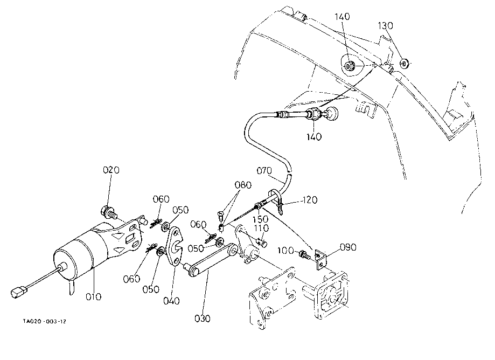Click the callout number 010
coord(93,296)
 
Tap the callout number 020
coord(111,170)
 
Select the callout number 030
coord(203,319)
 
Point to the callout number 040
coord(171,301)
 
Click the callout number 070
coord(264,171)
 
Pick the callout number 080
coord(243,185)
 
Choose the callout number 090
coord(348,247)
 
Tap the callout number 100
coord(285,251)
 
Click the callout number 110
coord(261,227)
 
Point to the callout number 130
coord(386,25)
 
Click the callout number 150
coord(261,219)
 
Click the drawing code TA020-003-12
coord(45,322)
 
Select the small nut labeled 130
coord(405,64)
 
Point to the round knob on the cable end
coord(331,114)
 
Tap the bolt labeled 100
coord(304,254)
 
